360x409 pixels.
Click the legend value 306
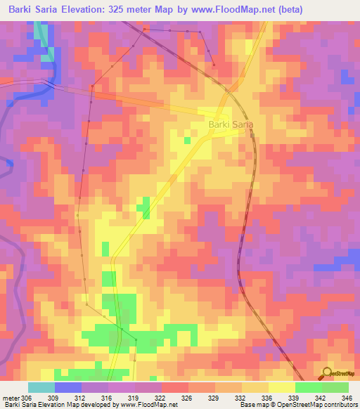(27, 398)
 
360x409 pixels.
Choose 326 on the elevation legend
(188, 398)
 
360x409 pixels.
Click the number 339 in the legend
(295, 398)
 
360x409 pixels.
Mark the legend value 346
(347, 398)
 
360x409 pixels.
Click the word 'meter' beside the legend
(10, 398)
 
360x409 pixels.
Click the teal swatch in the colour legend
(41, 387)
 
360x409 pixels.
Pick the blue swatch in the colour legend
(68, 387)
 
